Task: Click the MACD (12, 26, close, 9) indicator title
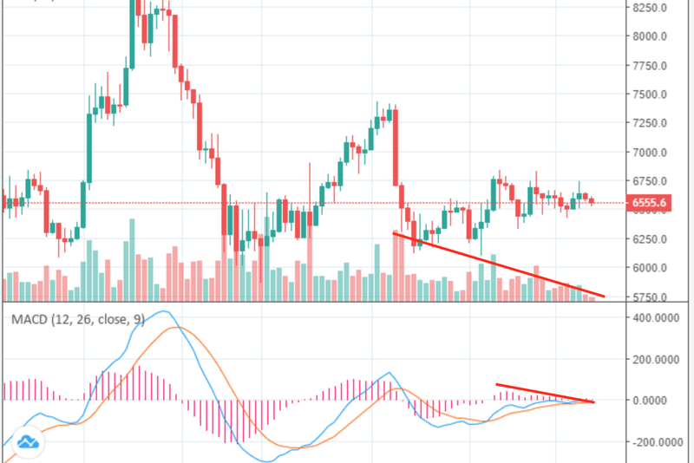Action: pyautogui.click(x=78, y=319)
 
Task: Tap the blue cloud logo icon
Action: pyautogui.click(x=29, y=443)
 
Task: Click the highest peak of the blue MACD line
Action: pyautogui.click(x=161, y=310)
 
